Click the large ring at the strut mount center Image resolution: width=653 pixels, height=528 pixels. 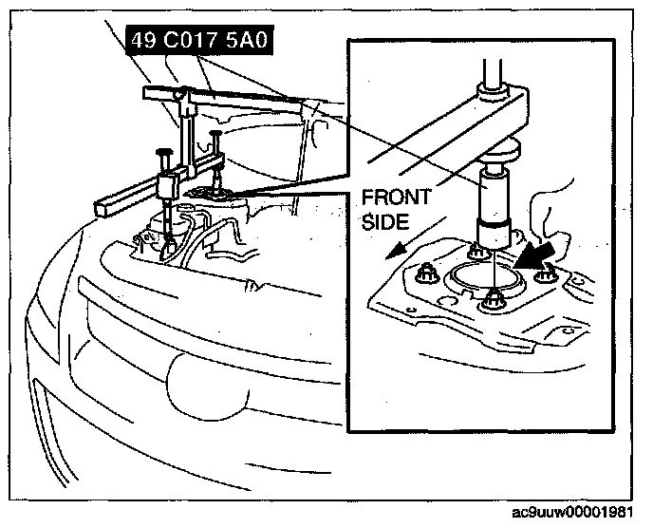click(486, 278)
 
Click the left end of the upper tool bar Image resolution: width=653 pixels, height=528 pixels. click(148, 92)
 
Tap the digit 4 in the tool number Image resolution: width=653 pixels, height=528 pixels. click(135, 42)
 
